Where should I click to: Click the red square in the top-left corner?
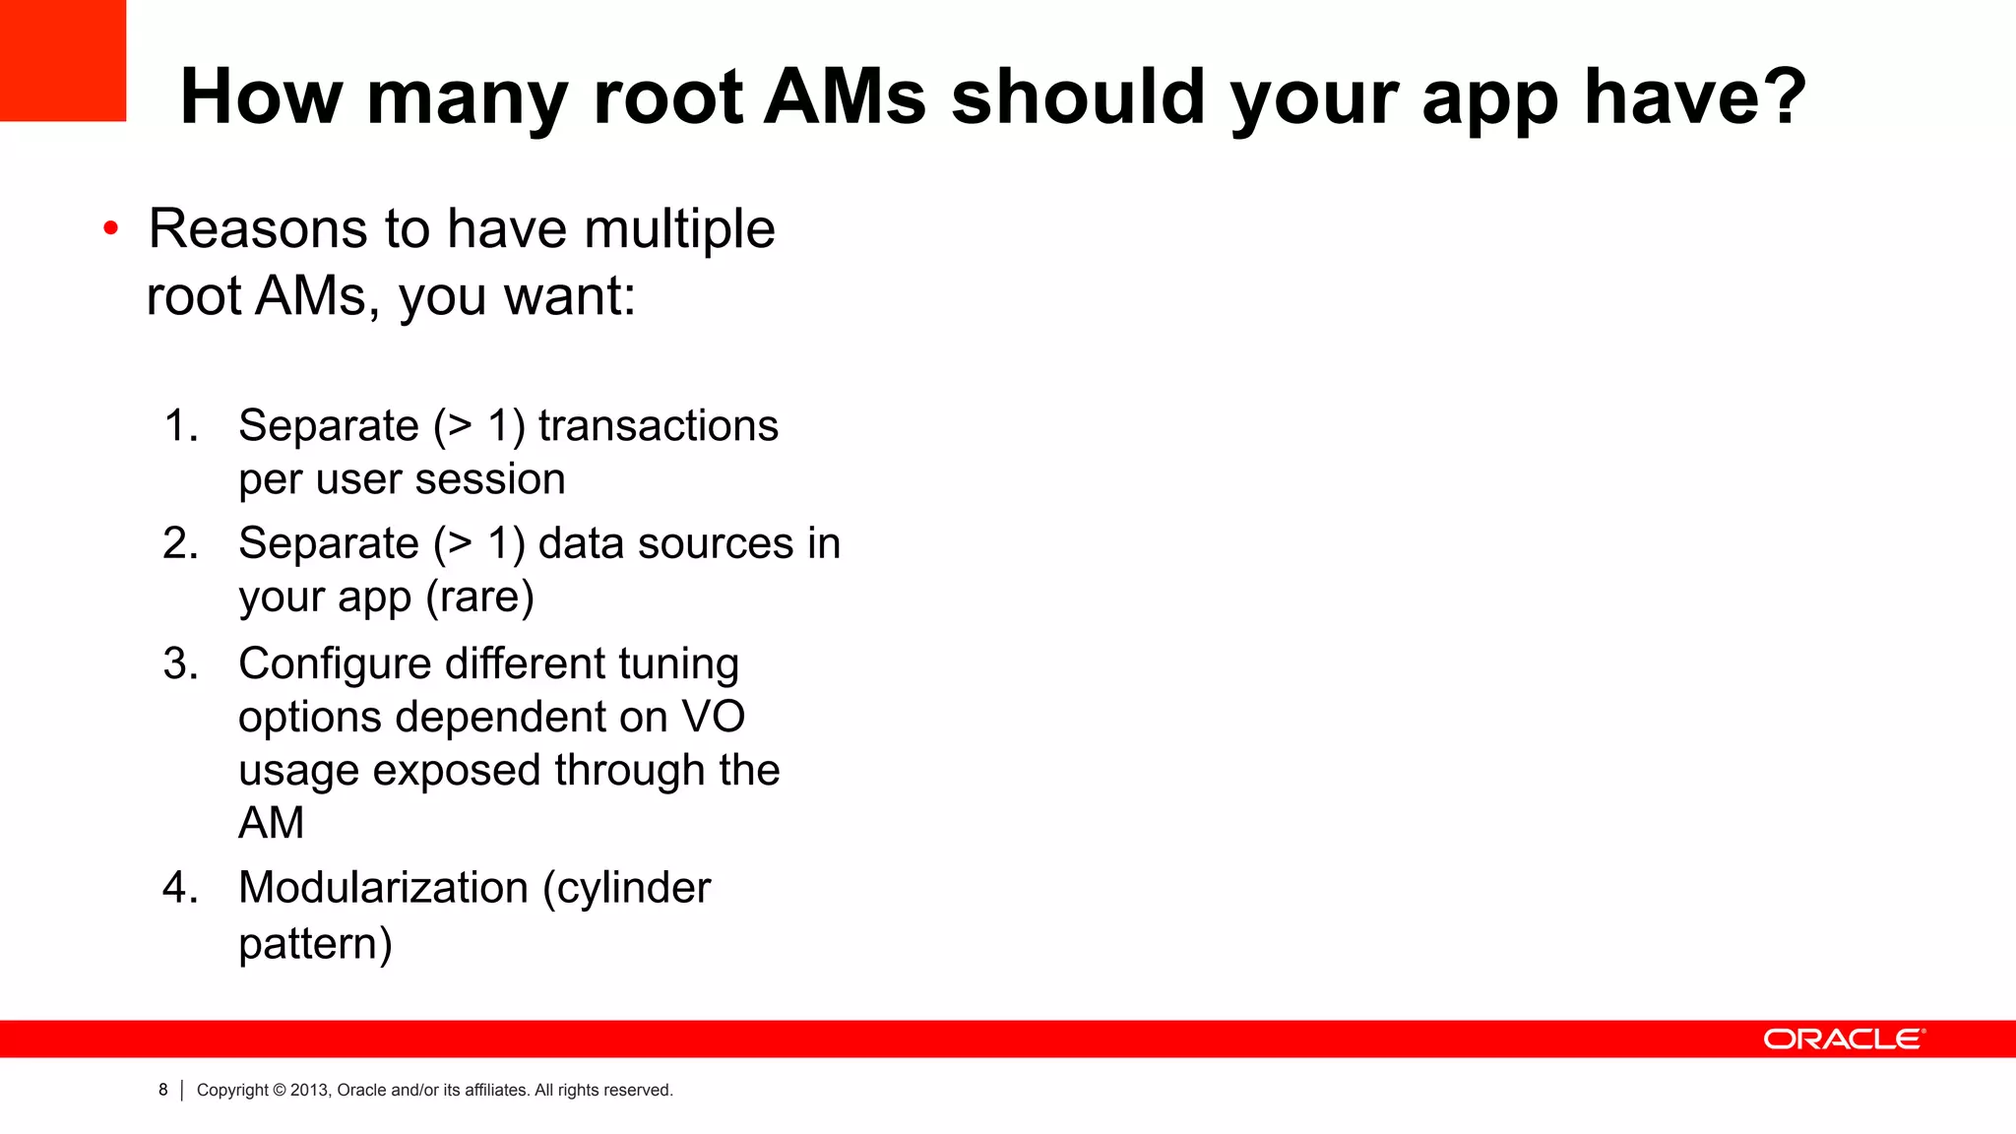62,60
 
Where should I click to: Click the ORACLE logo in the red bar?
1843,1039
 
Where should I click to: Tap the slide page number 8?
163,1090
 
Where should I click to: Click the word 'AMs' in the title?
846,96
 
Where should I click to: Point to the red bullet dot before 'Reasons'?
111,228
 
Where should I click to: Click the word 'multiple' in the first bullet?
679,228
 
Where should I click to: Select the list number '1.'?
181,426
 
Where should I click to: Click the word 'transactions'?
658,426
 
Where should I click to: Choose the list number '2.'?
181,543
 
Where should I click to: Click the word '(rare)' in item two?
479,597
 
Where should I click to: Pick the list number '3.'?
181,663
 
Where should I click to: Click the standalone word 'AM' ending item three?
271,823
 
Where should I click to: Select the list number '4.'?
181,888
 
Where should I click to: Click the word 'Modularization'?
383,888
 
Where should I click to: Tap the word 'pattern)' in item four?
315,944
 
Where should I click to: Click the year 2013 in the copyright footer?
309,1090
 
